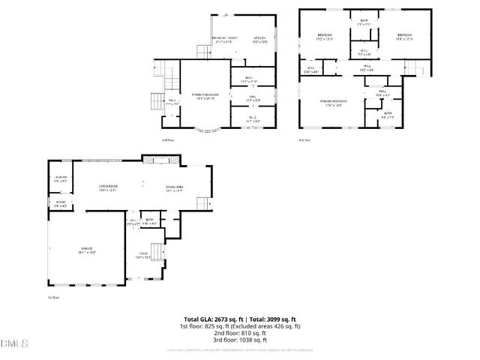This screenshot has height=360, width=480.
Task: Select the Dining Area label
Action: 174,188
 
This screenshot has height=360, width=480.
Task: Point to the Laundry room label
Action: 61,179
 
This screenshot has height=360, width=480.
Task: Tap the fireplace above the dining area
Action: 160,159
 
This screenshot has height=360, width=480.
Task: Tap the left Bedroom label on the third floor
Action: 325,37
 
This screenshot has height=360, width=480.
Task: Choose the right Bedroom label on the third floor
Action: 405,37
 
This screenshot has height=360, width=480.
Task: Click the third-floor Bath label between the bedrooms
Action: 364,22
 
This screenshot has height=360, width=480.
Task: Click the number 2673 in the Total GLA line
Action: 223,319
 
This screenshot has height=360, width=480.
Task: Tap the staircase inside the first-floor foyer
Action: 155,252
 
